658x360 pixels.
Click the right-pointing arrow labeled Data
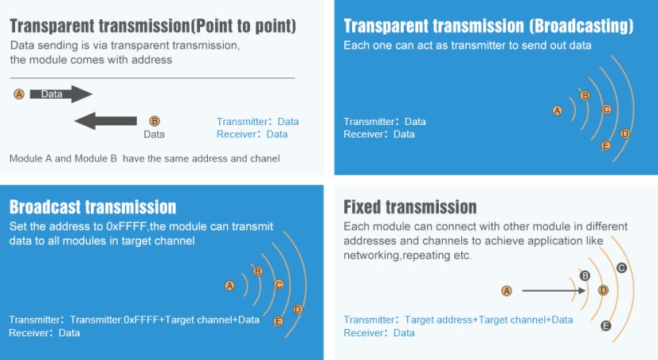coord(61,94)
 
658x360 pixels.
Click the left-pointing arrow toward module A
coord(105,121)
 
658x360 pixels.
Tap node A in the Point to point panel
coord(19,94)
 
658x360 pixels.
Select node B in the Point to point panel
coord(155,121)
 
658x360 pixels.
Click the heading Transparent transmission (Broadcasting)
coord(488,26)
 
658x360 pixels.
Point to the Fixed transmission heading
coord(410,207)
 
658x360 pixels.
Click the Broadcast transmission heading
coord(92,207)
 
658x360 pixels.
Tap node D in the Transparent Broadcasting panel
coord(625,134)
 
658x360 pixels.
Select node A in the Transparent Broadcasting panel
coord(558,111)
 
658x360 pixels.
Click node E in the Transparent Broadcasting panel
coord(605,146)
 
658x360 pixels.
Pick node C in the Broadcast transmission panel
coord(279,285)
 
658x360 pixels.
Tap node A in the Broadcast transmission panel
coord(229,286)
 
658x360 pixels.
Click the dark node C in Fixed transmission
coord(621,268)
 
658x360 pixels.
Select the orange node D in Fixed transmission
coord(603,291)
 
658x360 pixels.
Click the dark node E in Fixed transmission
coord(605,326)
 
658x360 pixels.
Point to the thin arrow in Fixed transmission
coord(554,291)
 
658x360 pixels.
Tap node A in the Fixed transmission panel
coord(507,291)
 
